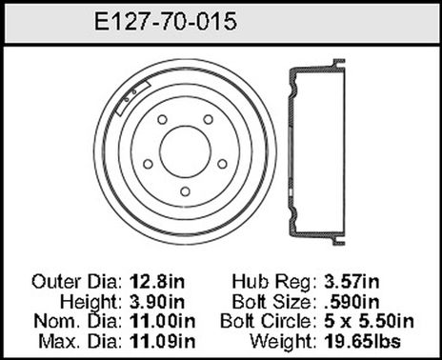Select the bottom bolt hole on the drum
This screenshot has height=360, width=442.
[185, 191]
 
